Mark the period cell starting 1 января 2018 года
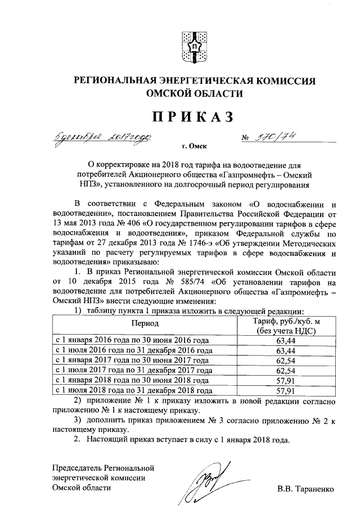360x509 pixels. pos(133,380)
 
